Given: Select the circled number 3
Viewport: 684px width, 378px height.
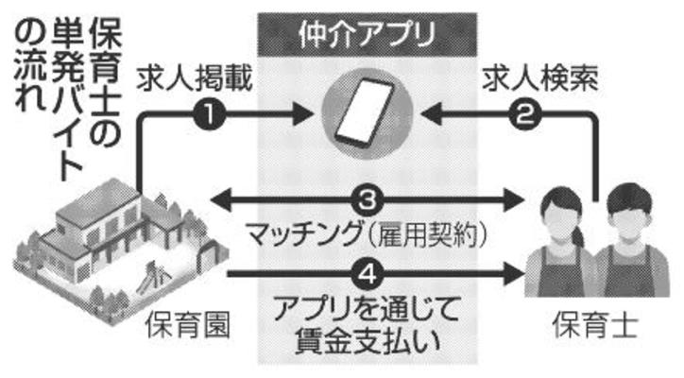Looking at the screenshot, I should point(368,199).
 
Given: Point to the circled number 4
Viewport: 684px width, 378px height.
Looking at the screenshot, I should point(368,275).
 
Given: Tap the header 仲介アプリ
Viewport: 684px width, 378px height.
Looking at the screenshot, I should point(367,36).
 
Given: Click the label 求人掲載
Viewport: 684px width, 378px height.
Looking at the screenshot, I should point(193,78).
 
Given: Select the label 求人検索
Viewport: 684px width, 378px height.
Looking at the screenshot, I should point(541,78).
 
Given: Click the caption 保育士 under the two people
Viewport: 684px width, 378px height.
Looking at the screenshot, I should point(595,328).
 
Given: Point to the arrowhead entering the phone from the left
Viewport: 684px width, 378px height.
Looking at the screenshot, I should point(304,115).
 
